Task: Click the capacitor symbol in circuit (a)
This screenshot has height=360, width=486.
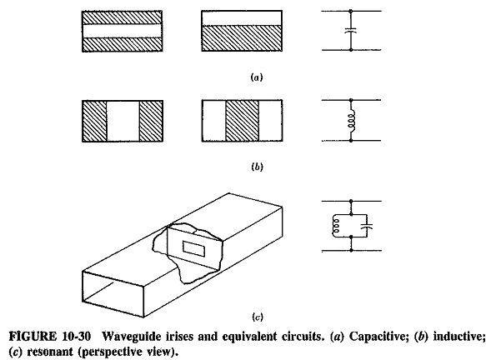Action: point(351,30)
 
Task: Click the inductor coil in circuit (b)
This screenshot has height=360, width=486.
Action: point(352,121)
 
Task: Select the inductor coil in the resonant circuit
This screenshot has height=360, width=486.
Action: point(335,225)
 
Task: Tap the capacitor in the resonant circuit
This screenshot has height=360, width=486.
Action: point(367,225)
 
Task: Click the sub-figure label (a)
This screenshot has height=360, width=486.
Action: point(256,77)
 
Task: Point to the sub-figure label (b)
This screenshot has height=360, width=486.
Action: point(257,167)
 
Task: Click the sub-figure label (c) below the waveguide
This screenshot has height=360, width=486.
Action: point(257,317)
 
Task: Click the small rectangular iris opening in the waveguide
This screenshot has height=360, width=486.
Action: point(193,249)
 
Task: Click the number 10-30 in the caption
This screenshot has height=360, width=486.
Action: point(77,337)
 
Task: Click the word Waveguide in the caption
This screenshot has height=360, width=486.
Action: point(127,337)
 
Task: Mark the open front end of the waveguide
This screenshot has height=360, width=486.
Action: point(113,294)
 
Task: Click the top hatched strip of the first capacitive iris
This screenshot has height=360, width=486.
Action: point(122,17)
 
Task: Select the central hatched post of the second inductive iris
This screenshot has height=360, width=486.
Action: point(242,121)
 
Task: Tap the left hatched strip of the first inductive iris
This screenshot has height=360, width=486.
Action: point(94,121)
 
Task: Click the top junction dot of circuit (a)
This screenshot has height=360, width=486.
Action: point(351,11)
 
